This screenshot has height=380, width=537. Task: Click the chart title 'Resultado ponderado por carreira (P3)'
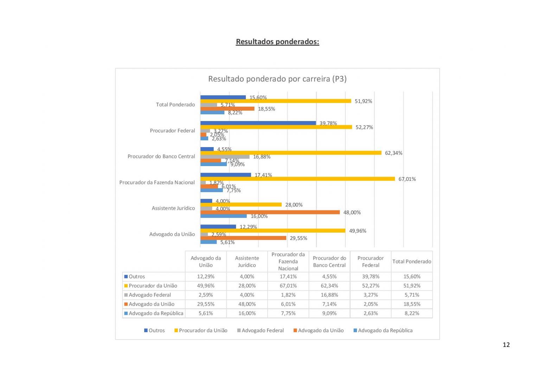pyautogui.click(x=277, y=79)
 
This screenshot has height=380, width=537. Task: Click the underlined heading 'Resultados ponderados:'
pyautogui.click(x=277, y=42)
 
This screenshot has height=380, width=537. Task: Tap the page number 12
pyautogui.click(x=506, y=345)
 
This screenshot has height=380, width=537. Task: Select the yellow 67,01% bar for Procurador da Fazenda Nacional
pyautogui.click(x=298, y=179)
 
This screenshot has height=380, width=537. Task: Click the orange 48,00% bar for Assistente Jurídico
pyautogui.click(x=270, y=212)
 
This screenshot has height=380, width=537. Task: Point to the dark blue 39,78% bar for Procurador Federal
pyautogui.click(x=258, y=123)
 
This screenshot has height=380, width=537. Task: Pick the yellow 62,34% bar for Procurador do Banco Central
pyautogui.click(x=291, y=153)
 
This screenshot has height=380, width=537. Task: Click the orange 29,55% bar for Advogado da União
pyautogui.click(x=243, y=238)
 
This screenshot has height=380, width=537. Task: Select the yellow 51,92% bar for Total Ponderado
pyautogui.click(x=276, y=101)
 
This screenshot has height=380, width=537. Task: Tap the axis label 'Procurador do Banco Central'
pyautogui.click(x=161, y=157)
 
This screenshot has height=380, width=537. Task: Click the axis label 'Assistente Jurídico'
pyautogui.click(x=173, y=208)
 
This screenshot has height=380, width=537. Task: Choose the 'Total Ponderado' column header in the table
pyautogui.click(x=411, y=261)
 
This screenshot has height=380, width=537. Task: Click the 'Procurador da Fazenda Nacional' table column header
pyautogui.click(x=288, y=261)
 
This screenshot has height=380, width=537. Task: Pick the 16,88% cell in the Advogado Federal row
pyautogui.click(x=329, y=295)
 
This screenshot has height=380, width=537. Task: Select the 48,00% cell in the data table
pyautogui.click(x=247, y=304)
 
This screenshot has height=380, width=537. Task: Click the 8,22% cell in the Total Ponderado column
pyautogui.click(x=411, y=313)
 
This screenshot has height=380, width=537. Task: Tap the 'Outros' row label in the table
pyautogui.click(x=136, y=277)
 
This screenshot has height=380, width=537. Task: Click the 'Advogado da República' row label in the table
pyautogui.click(x=156, y=313)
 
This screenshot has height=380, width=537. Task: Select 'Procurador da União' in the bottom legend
pyautogui.click(x=203, y=330)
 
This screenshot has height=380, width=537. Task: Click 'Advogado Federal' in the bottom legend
pyautogui.click(x=262, y=330)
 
